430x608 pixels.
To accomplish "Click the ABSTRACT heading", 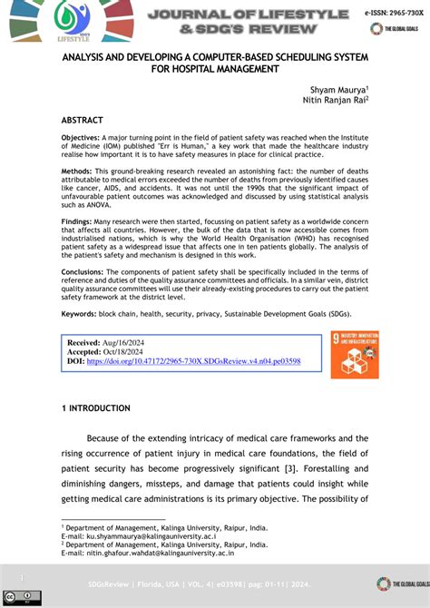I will click(82, 120).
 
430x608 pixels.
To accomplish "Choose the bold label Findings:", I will click(79, 221).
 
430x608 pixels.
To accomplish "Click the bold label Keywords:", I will click(81, 313).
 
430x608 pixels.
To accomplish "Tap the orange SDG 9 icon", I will click(355, 355).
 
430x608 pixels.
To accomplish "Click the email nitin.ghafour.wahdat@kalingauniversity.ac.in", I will click(161, 553).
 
